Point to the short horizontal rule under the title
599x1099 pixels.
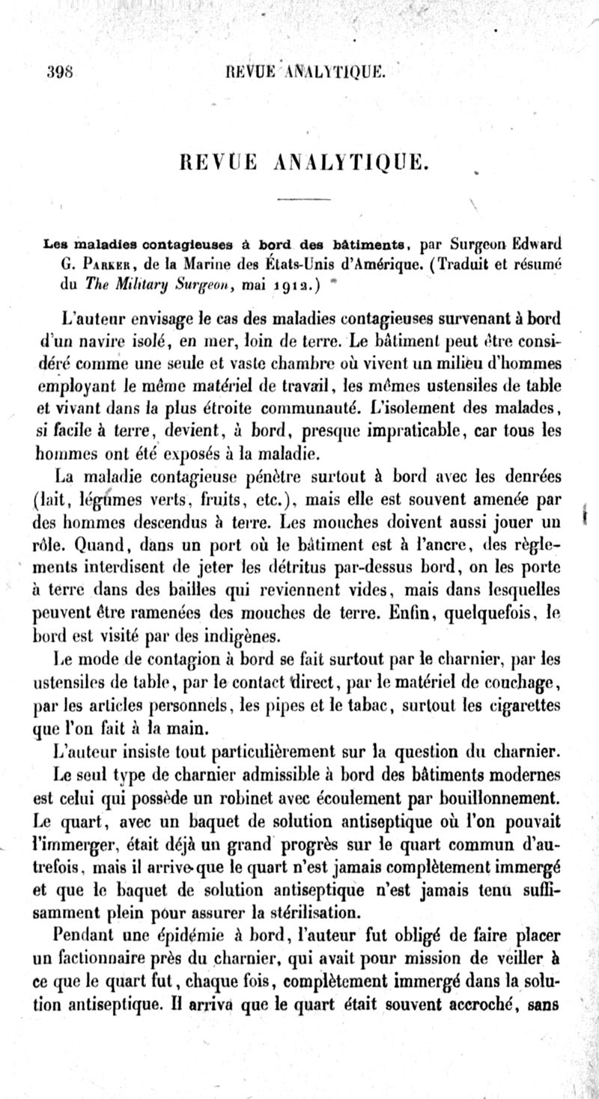point(298,199)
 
